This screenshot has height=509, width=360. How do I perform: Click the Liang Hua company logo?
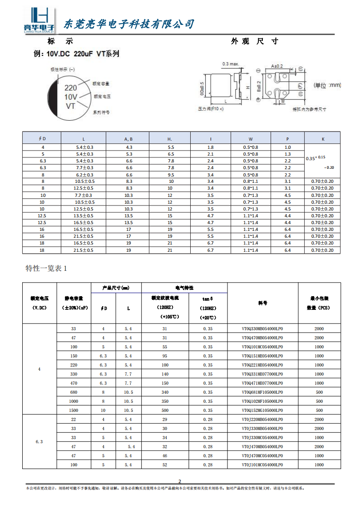[x=39, y=21]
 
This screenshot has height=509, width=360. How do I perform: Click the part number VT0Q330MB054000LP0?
[x=263, y=329]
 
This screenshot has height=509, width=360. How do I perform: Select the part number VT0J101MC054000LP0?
[x=263, y=465]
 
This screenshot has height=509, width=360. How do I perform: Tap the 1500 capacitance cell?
[x=74, y=410]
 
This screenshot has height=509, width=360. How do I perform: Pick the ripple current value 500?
[x=165, y=410]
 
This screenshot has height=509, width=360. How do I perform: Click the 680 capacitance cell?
[x=74, y=392]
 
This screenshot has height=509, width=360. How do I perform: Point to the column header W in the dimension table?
[x=251, y=138]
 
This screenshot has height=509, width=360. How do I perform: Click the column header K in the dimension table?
[x=322, y=138]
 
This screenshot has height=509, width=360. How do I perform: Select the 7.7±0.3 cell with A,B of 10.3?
[x=84, y=195]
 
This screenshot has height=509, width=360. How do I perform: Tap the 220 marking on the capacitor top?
[x=70, y=88]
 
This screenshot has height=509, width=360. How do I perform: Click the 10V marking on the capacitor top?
[x=70, y=97]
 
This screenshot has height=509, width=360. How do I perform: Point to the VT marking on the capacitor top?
[x=70, y=106]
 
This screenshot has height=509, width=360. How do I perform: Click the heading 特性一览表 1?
[x=46, y=268]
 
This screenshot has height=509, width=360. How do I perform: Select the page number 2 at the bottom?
[x=180, y=481]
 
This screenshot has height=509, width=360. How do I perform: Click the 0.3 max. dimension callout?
[x=230, y=64]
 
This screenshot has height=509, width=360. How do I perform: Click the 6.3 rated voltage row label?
[x=39, y=441]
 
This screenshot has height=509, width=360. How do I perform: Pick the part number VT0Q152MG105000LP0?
[x=263, y=410]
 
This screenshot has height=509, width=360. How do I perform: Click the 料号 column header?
[x=263, y=303]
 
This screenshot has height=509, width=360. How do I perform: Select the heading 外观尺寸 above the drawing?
[x=254, y=41]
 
